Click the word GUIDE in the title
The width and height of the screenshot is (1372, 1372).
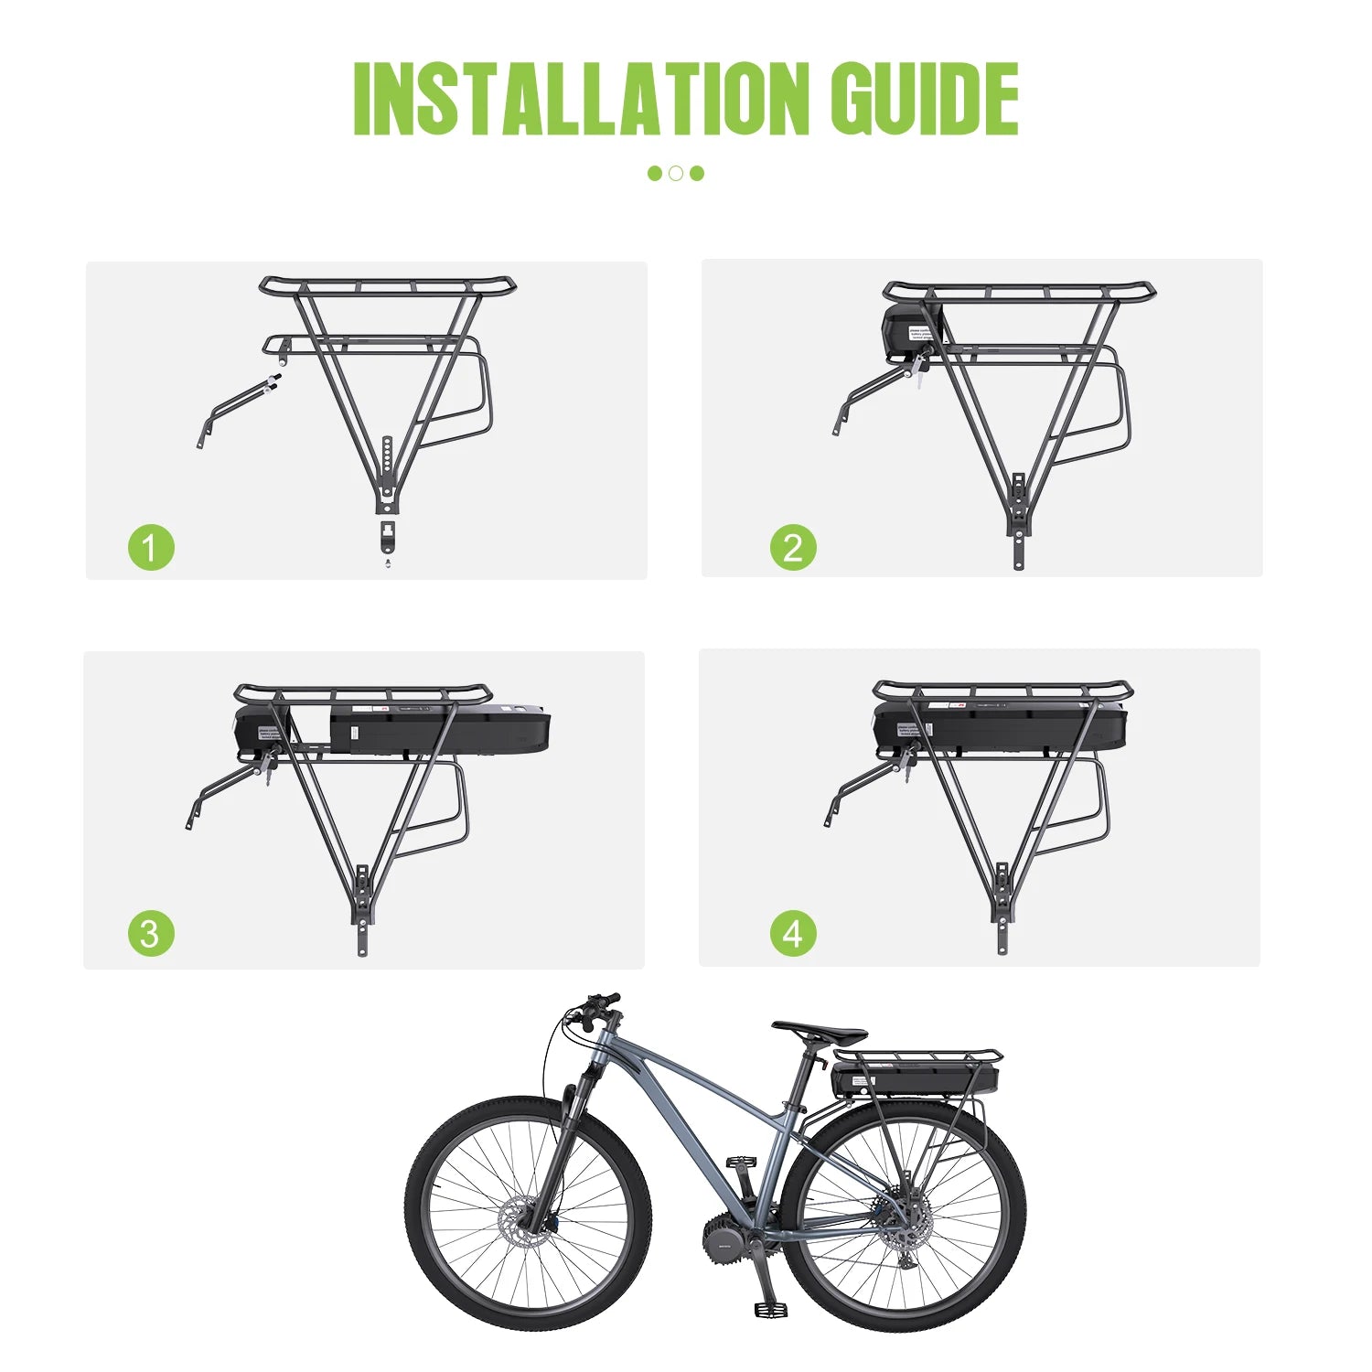[x=924, y=99]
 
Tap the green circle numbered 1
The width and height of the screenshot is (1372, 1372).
[x=151, y=548]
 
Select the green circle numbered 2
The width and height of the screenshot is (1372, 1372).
[x=793, y=548]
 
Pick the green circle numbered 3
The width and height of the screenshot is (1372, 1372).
[x=151, y=934]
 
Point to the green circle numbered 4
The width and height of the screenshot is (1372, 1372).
[x=793, y=934]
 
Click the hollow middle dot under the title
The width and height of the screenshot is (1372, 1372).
[x=676, y=173]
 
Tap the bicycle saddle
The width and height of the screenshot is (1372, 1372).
[x=820, y=1033]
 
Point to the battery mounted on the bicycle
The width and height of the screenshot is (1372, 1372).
[x=915, y=1079]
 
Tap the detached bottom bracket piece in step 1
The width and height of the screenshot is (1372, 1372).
[x=389, y=538]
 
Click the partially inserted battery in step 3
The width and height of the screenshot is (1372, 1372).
[x=439, y=729]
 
